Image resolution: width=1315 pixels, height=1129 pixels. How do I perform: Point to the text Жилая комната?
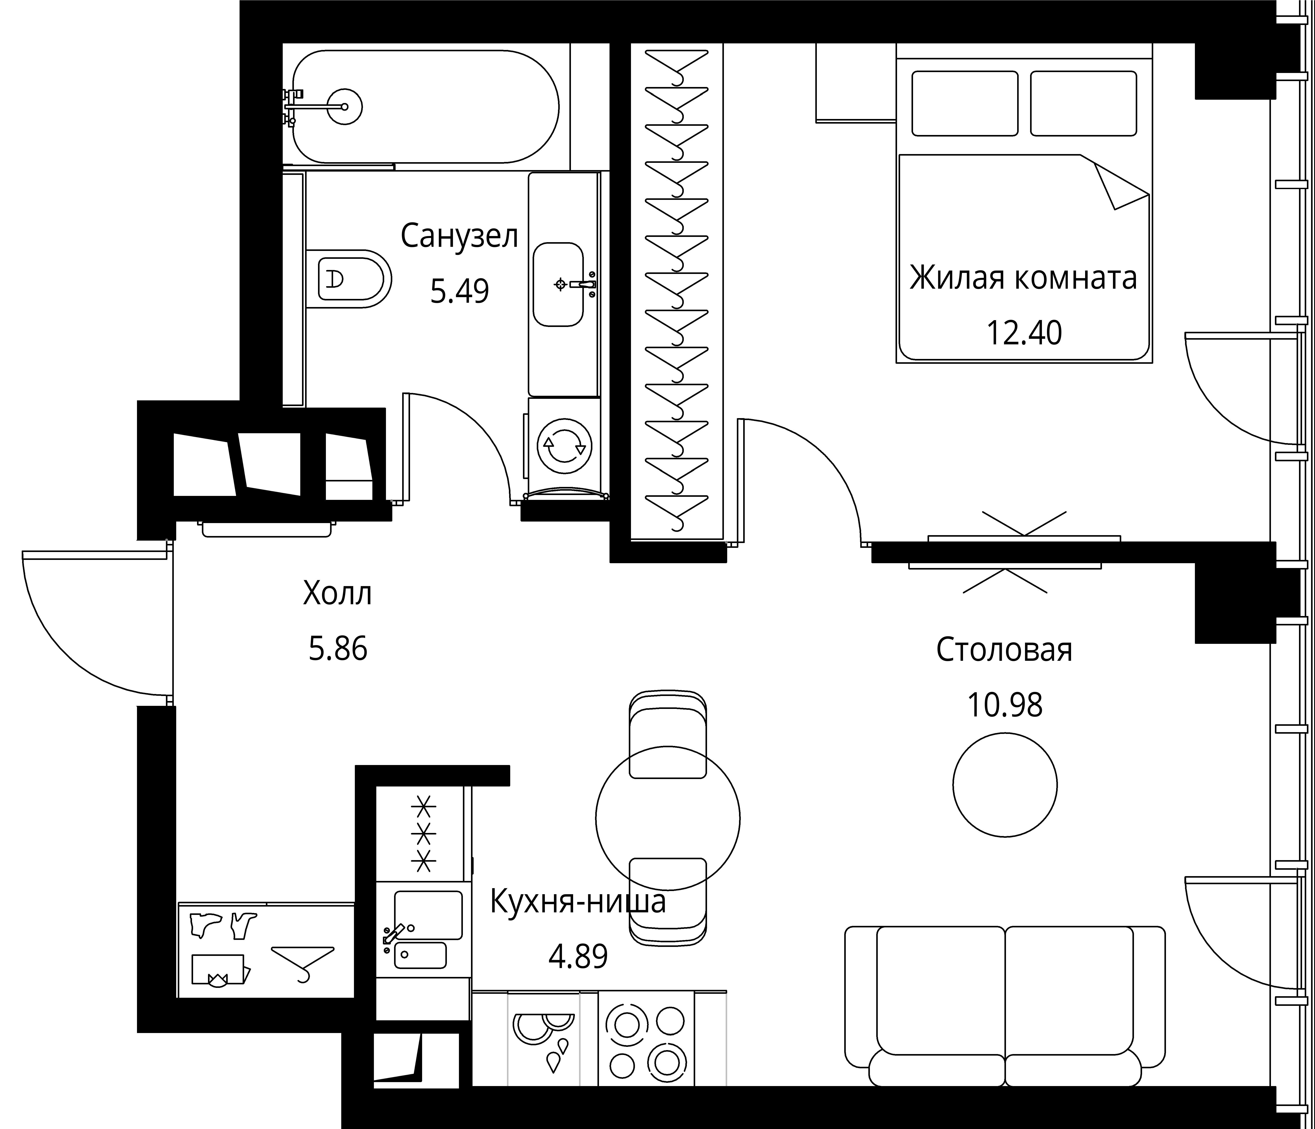1023,278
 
